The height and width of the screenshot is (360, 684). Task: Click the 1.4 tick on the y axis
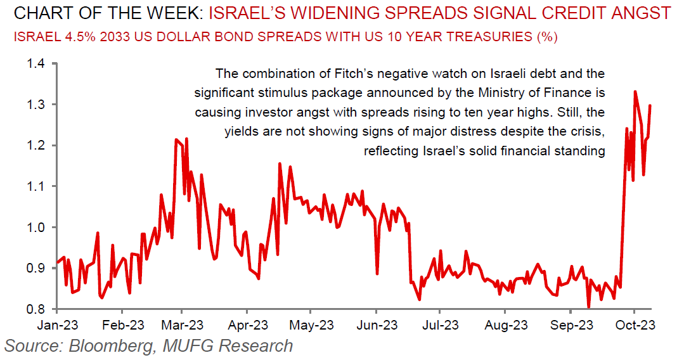click(x=36, y=63)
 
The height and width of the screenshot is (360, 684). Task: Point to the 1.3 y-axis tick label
click(x=36, y=104)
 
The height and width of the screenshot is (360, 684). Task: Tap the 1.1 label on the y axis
click(x=36, y=186)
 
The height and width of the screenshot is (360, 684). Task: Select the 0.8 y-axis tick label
click(x=36, y=309)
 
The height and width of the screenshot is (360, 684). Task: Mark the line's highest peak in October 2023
click(x=635, y=91)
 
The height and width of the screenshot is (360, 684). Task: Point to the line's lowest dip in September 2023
click(x=589, y=307)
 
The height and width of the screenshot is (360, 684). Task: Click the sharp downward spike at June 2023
click(x=377, y=274)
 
